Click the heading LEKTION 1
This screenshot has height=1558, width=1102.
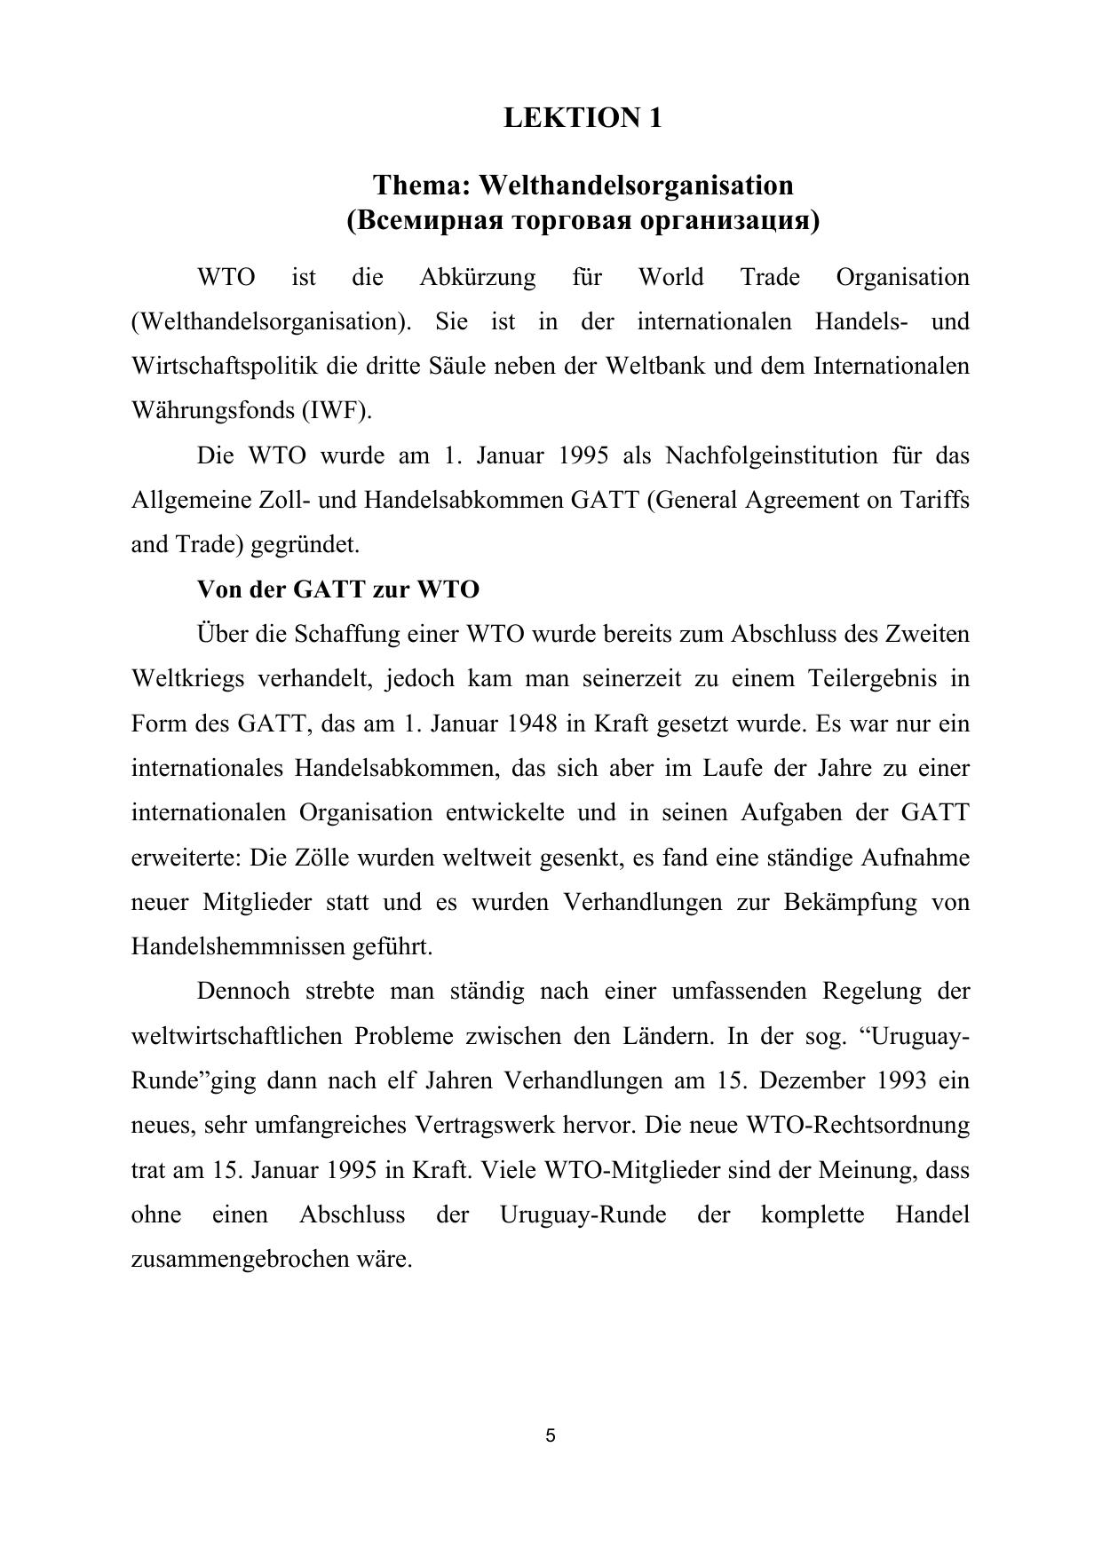pos(583,118)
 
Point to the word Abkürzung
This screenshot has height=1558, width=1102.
pos(477,278)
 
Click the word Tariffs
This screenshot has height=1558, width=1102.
pos(935,501)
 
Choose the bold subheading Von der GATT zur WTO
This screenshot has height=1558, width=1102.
pos(338,589)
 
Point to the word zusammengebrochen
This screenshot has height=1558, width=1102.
pos(240,1260)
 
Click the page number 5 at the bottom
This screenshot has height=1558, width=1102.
pos(551,1435)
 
